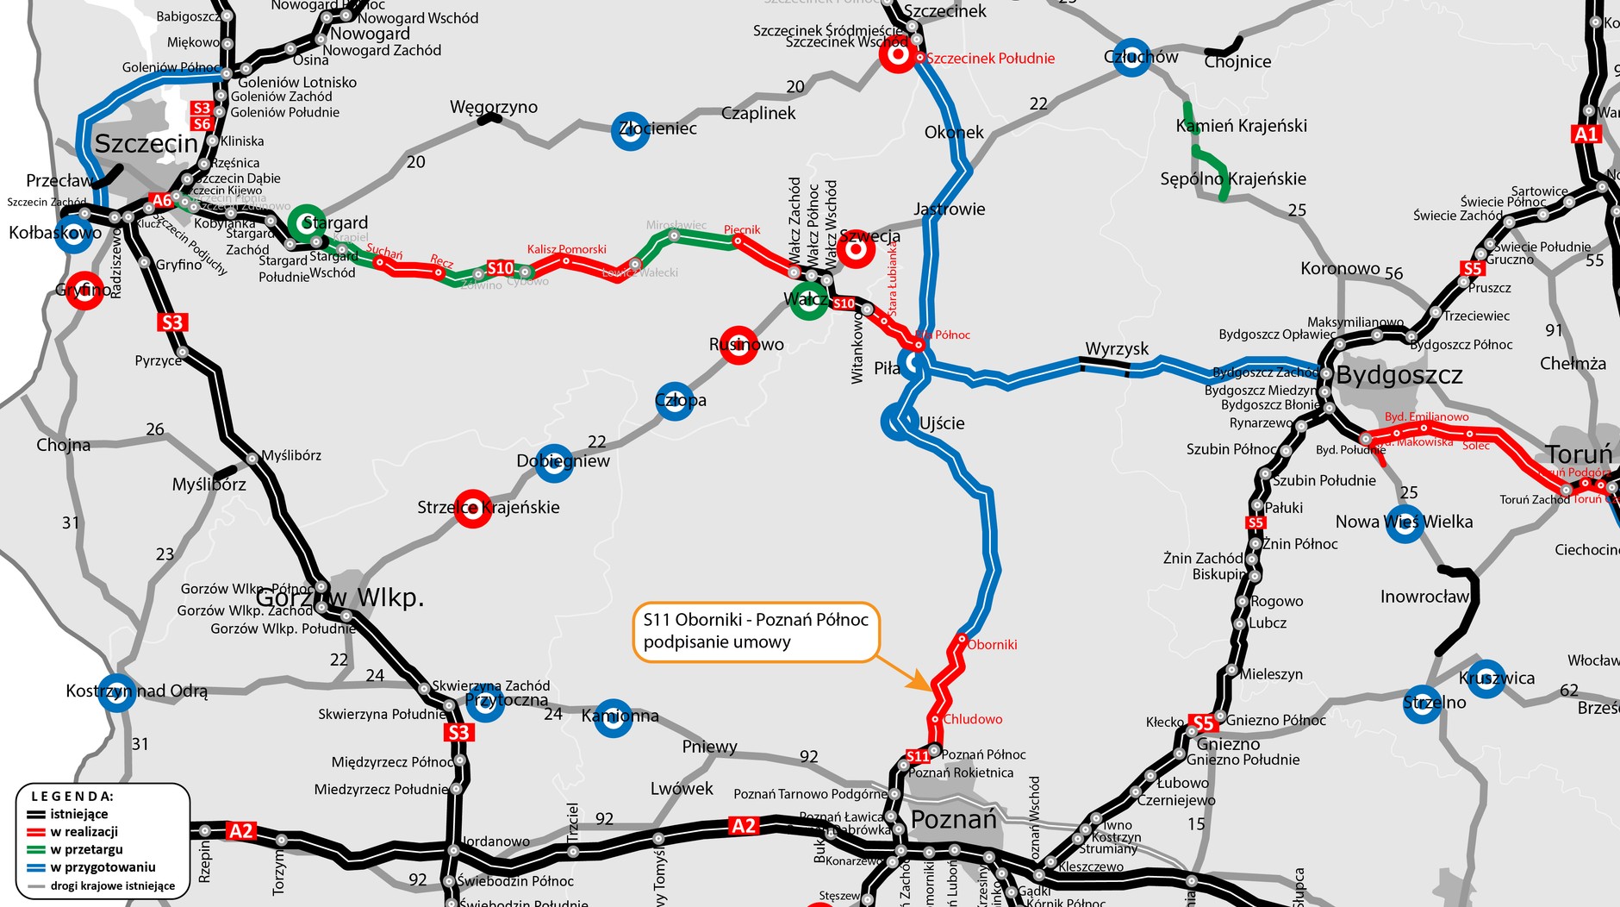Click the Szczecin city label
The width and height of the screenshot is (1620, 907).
(146, 144)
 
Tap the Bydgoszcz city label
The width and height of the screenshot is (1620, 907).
(1399, 375)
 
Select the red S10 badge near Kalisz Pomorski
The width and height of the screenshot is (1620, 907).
(500, 268)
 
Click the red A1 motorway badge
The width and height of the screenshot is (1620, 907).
(1586, 134)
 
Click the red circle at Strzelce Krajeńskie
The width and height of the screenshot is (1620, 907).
(472, 509)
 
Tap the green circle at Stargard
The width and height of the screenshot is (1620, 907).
(306, 222)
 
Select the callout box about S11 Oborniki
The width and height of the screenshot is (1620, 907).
(756, 631)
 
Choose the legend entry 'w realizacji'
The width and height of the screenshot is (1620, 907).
(84, 832)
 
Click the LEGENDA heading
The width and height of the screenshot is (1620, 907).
(72, 797)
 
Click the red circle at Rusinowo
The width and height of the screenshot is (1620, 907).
(738, 344)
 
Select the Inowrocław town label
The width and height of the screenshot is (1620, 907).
(1424, 597)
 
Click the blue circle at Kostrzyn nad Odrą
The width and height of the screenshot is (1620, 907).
(116, 691)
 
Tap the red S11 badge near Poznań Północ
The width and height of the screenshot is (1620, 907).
(918, 756)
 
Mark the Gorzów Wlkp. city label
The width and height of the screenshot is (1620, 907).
(340, 597)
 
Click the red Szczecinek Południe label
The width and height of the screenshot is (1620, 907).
(990, 59)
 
